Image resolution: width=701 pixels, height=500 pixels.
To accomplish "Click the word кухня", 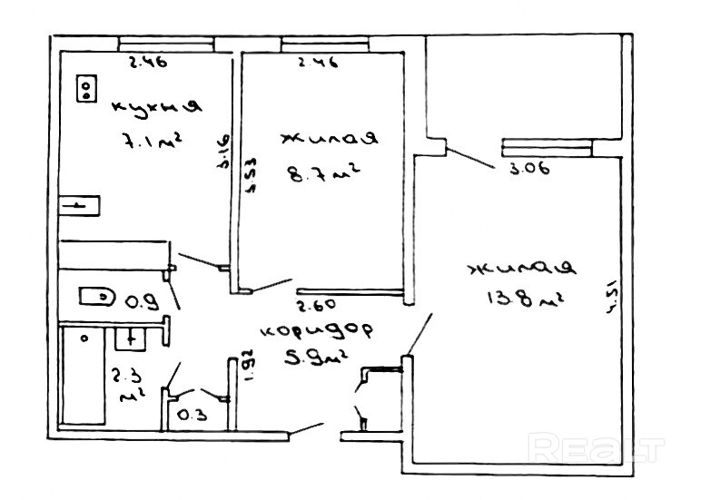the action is (x=155, y=106).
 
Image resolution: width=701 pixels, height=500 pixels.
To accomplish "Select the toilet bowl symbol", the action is (x=97, y=297).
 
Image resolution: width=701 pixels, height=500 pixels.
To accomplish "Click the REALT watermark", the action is (x=597, y=447).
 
